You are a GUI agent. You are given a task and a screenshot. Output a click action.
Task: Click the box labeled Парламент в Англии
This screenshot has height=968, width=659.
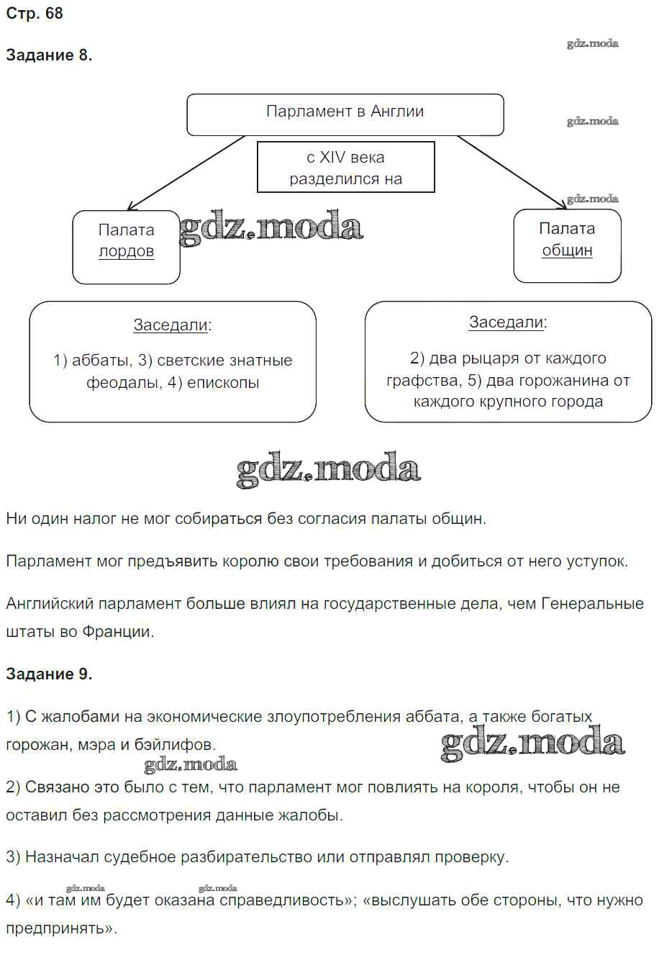[345, 114]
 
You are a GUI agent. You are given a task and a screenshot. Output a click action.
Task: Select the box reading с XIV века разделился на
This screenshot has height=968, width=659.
[345, 167]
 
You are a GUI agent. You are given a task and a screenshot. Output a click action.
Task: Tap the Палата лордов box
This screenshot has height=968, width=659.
[126, 247]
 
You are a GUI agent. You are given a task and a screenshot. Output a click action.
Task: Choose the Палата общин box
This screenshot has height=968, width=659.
[567, 245]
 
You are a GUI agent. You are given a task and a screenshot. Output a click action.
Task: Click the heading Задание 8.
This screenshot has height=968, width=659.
[49, 55]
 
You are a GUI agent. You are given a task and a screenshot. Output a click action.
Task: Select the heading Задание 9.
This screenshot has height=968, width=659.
[49, 674]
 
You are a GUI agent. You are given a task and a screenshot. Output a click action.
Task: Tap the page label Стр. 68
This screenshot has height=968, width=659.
[35, 14]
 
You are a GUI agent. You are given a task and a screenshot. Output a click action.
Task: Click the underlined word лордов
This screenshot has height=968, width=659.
[127, 251]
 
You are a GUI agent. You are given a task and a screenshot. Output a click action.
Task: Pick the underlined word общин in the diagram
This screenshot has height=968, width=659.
[567, 250]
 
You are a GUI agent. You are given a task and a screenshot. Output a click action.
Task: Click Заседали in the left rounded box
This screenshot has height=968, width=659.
[171, 325]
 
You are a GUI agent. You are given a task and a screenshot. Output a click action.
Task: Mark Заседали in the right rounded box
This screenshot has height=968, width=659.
[506, 322]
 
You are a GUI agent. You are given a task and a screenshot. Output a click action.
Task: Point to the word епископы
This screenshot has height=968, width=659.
[223, 382]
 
